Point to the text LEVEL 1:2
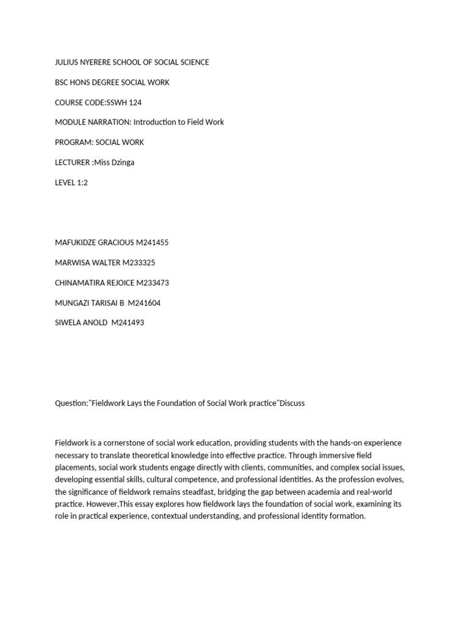71,182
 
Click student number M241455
152,243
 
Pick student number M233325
138,263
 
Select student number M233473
152,283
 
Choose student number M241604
144,303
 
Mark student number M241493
127,322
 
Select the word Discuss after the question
292,403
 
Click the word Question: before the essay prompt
71,403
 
